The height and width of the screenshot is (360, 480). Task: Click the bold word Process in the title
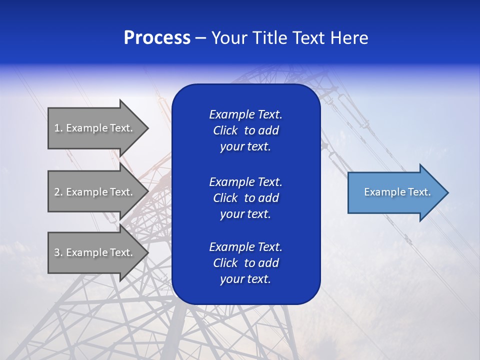pyautogui.click(x=157, y=38)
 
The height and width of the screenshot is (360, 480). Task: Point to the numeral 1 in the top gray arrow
pyautogui.click(x=57, y=128)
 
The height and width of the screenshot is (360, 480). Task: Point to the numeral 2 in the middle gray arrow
pyautogui.click(x=57, y=192)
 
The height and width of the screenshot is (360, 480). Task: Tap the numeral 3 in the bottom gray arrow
pyautogui.click(x=57, y=252)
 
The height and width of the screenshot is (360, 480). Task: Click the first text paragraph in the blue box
pyautogui.click(x=245, y=130)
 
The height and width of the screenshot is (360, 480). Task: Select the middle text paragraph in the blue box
pyautogui.click(x=245, y=197)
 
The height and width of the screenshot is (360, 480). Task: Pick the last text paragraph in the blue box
pyautogui.click(x=245, y=263)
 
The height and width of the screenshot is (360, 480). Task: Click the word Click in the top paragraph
pyautogui.click(x=225, y=130)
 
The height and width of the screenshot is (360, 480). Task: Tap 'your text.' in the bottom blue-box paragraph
pyautogui.click(x=245, y=279)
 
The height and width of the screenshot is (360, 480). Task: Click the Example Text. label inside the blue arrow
pyautogui.click(x=397, y=192)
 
